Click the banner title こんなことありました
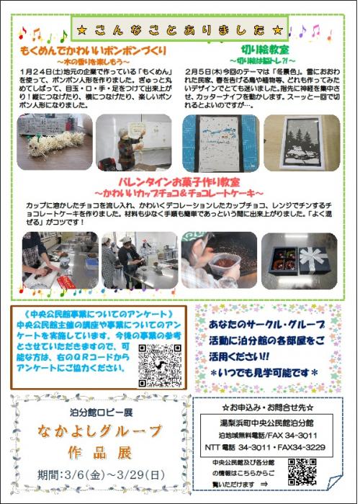click(180, 30)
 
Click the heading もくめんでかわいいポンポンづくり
click(94, 52)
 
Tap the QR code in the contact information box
click(302, 472)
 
